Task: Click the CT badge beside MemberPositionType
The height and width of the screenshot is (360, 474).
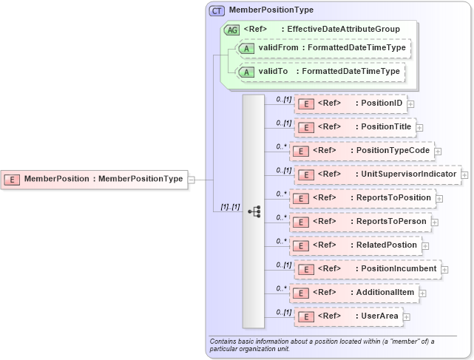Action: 217,10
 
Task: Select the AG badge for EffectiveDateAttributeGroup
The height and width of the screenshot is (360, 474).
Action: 231,30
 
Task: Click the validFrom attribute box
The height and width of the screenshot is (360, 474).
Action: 322,48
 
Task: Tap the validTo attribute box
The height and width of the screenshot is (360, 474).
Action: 318,72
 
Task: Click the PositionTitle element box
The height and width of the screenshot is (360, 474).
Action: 355,127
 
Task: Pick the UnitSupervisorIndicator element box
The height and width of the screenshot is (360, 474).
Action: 377,174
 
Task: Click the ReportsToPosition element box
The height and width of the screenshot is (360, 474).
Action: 362,198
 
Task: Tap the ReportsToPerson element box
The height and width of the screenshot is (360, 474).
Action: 360,222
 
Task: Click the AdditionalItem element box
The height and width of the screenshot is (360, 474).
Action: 353,293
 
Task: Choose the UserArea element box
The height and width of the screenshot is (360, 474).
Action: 348,316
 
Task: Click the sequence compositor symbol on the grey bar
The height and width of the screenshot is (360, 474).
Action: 254,211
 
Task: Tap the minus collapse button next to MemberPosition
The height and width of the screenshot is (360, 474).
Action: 192,179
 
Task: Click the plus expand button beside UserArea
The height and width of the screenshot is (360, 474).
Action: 406,317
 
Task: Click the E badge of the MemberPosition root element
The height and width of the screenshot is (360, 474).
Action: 13,179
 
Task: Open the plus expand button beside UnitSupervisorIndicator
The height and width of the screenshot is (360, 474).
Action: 465,175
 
